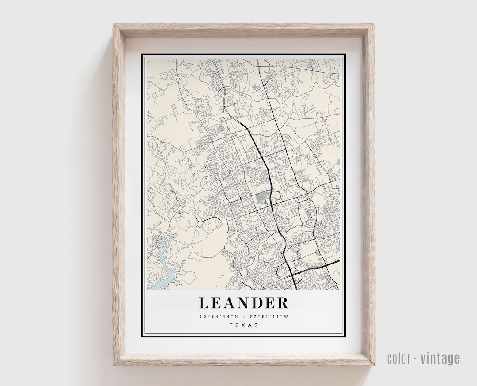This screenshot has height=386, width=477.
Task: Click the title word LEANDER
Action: tap(243, 303)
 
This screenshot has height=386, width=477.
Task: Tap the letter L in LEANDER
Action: tap(204, 303)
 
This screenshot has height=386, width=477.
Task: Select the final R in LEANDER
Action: tap(283, 303)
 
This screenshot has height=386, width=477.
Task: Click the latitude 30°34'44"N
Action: tap(219, 316)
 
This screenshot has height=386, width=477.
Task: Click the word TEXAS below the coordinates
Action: tap(244, 325)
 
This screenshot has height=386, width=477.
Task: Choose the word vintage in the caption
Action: tap(440, 359)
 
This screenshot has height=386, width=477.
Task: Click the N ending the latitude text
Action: tap(237, 316)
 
